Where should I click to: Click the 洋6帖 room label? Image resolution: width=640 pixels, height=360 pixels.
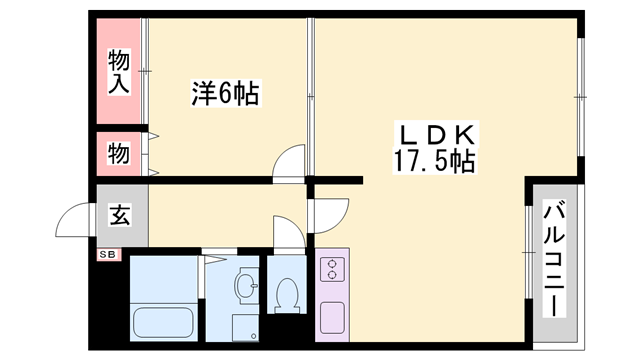pyautogui.click(x=225, y=95)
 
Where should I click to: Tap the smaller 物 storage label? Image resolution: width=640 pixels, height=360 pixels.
pyautogui.click(x=118, y=154)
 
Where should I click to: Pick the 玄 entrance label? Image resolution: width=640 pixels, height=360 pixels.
pyautogui.click(x=119, y=214)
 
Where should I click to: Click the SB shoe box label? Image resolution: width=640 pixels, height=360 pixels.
pyautogui.click(x=107, y=255)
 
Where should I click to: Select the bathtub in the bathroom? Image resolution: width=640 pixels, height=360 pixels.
pyautogui.click(x=163, y=320)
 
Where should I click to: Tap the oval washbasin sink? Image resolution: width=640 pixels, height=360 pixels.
pyautogui.click(x=245, y=286)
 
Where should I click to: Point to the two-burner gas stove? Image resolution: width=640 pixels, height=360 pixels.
pyautogui.click(x=331, y=269)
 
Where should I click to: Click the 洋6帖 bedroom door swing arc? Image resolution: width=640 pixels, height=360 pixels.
pyautogui.click(x=289, y=161)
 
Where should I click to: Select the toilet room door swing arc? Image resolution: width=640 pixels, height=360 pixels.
pyautogui.click(x=287, y=235)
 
